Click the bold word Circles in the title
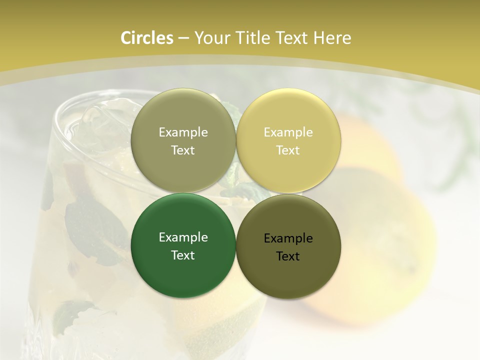coord(146,38)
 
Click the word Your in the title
coord(210,38)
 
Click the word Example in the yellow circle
coord(288,132)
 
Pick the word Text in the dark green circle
coord(183,255)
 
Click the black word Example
coord(288,238)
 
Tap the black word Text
coord(288,256)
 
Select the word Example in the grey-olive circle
coord(183,132)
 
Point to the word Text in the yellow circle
coord(288,150)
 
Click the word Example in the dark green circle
coord(183,237)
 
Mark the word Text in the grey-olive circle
coord(183,150)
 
